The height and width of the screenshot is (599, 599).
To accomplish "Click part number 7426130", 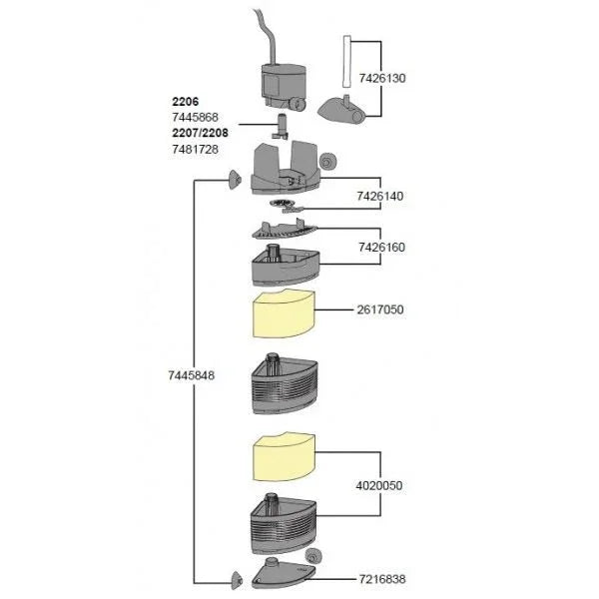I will [413, 77].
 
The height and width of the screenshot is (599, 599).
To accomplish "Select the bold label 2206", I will [186, 102].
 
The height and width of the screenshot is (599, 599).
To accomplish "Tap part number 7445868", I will [194, 117].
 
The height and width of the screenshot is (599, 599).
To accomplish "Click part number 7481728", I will [194, 148].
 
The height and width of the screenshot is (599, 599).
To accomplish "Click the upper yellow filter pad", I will [281, 315].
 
